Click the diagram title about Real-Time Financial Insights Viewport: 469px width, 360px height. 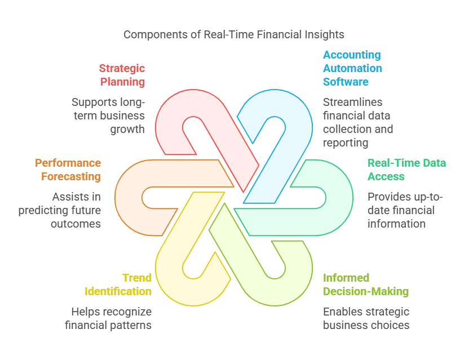[x=234, y=35]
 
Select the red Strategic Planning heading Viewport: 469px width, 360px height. [x=122, y=75]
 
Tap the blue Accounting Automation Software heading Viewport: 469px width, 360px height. [x=352, y=68]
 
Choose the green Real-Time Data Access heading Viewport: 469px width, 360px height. [x=406, y=170]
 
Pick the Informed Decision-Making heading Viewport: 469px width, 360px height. [x=366, y=285]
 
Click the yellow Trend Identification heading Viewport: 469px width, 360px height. [x=118, y=285]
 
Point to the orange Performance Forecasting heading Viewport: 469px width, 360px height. [x=68, y=170]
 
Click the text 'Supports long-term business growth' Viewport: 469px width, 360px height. [x=108, y=115]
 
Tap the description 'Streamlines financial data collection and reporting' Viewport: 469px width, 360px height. [x=358, y=122]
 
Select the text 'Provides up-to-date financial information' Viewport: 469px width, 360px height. [x=405, y=210]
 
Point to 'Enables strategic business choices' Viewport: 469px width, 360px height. [x=366, y=318]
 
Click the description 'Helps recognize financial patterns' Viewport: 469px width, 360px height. [x=108, y=318]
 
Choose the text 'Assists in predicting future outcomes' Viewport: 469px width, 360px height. [x=60, y=210]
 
